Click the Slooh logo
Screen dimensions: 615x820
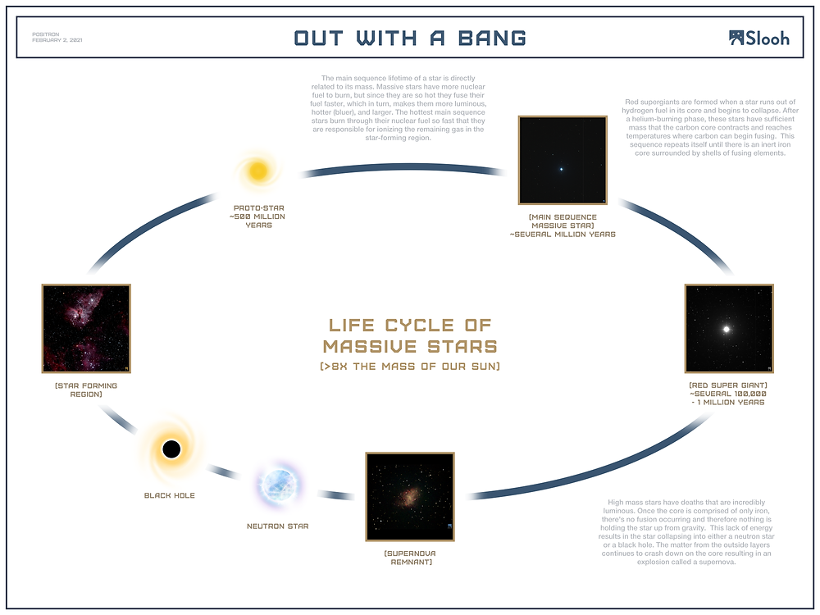coord(758,38)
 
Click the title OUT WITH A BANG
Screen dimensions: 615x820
coord(410,38)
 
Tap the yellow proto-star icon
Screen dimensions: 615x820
coord(258,171)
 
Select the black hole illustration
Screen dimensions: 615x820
coord(171,449)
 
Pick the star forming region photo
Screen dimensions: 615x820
coord(86,328)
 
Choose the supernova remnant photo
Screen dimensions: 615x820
coord(410,496)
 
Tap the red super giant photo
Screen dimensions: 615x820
coord(729,329)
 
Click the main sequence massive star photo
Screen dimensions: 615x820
coord(562,160)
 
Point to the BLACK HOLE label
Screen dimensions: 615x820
coord(170,495)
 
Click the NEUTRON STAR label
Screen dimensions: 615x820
coord(277,526)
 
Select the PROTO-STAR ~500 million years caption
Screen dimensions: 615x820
coord(258,216)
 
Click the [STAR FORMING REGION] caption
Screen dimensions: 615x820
coord(86,389)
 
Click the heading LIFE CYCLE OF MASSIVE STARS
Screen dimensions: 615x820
coord(410,335)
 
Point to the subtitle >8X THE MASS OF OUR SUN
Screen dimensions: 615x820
coord(410,366)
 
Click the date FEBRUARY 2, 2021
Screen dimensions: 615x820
coord(57,40)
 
